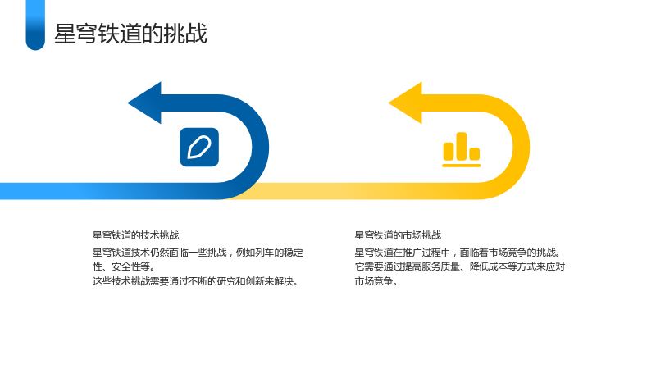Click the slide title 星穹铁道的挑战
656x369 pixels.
point(130,34)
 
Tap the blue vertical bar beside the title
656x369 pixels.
point(35,25)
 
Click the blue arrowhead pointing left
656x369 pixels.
point(145,103)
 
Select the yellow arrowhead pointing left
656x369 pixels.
point(406,103)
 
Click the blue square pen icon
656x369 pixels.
point(199,148)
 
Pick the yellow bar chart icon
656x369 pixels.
point(462,150)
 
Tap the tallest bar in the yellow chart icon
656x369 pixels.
point(462,147)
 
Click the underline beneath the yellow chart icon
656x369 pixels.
point(462,166)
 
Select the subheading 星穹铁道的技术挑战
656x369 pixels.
point(135,235)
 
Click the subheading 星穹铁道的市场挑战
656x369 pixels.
point(398,235)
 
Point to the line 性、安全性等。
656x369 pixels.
point(124,266)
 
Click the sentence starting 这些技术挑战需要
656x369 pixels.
point(196,281)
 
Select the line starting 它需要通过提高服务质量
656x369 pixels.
point(460,266)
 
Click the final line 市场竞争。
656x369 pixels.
point(376,281)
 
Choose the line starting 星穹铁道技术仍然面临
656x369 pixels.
point(198,253)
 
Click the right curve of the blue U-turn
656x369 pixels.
point(260,147)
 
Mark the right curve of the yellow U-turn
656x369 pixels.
point(522,147)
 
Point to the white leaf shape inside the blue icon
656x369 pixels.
point(199,148)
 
